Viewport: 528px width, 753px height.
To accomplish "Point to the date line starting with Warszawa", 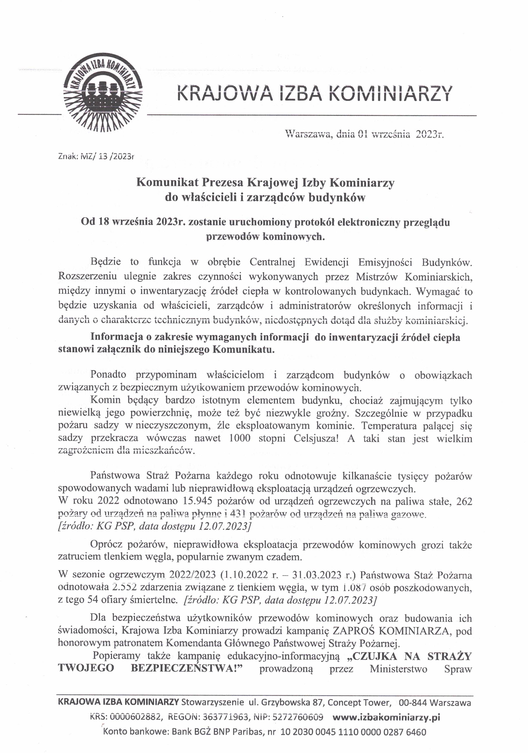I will (364, 135).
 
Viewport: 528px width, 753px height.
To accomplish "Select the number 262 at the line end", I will (464, 501).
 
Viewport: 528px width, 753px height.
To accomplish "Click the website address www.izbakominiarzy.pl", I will (386, 717).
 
